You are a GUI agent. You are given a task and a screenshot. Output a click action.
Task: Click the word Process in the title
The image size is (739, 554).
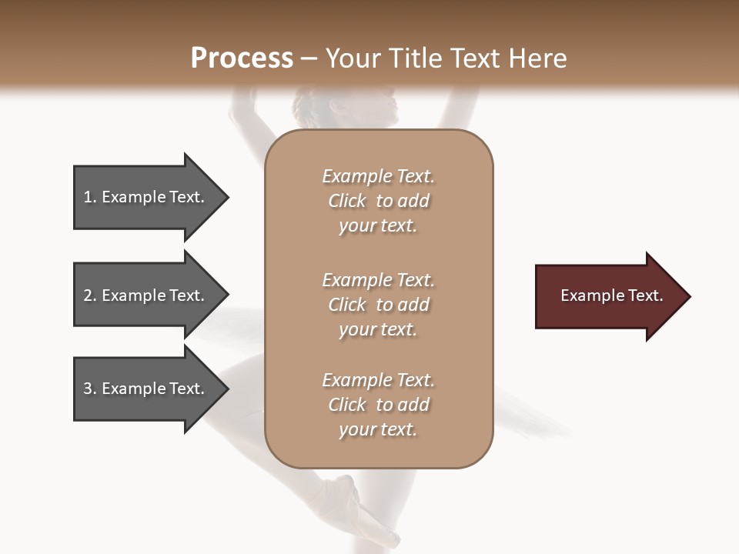point(242,58)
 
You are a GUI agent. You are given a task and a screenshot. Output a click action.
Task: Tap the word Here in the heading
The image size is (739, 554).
point(537,58)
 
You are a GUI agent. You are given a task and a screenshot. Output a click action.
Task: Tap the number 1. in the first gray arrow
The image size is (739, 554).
point(90,197)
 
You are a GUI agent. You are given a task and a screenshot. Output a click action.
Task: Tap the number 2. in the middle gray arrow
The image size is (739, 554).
point(90,295)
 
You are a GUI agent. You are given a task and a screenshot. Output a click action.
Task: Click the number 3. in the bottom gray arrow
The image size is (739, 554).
point(90,389)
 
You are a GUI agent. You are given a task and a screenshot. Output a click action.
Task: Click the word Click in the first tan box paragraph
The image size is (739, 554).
point(347,201)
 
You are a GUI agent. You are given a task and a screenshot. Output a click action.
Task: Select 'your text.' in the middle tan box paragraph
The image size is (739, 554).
point(378,329)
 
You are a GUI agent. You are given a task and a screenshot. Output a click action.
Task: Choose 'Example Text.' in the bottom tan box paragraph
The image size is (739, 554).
point(378,380)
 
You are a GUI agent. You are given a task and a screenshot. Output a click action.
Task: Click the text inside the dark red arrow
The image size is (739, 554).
point(612,295)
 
